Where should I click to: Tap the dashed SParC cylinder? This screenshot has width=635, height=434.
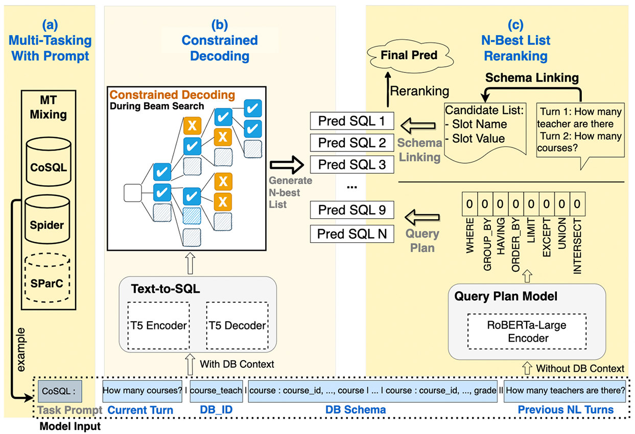[49, 278]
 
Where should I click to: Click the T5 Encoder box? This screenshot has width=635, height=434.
[158, 326]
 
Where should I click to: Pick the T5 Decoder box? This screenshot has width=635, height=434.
[236, 326]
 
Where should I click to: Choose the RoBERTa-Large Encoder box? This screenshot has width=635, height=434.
[526, 331]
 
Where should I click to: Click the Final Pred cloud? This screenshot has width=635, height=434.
[409, 55]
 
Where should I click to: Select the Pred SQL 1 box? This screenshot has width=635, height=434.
[352, 121]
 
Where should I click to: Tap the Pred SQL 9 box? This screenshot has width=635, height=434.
[352, 210]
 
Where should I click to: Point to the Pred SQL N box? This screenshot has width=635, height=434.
[352, 234]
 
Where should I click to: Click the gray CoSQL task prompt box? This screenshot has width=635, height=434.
[59, 392]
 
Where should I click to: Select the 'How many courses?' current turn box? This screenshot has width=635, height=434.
[143, 391]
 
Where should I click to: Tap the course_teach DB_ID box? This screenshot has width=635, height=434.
[216, 391]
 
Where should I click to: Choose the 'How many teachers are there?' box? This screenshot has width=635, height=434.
[565, 391]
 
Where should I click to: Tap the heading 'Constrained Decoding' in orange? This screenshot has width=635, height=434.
[172, 95]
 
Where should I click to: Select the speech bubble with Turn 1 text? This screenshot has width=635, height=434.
[579, 130]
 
